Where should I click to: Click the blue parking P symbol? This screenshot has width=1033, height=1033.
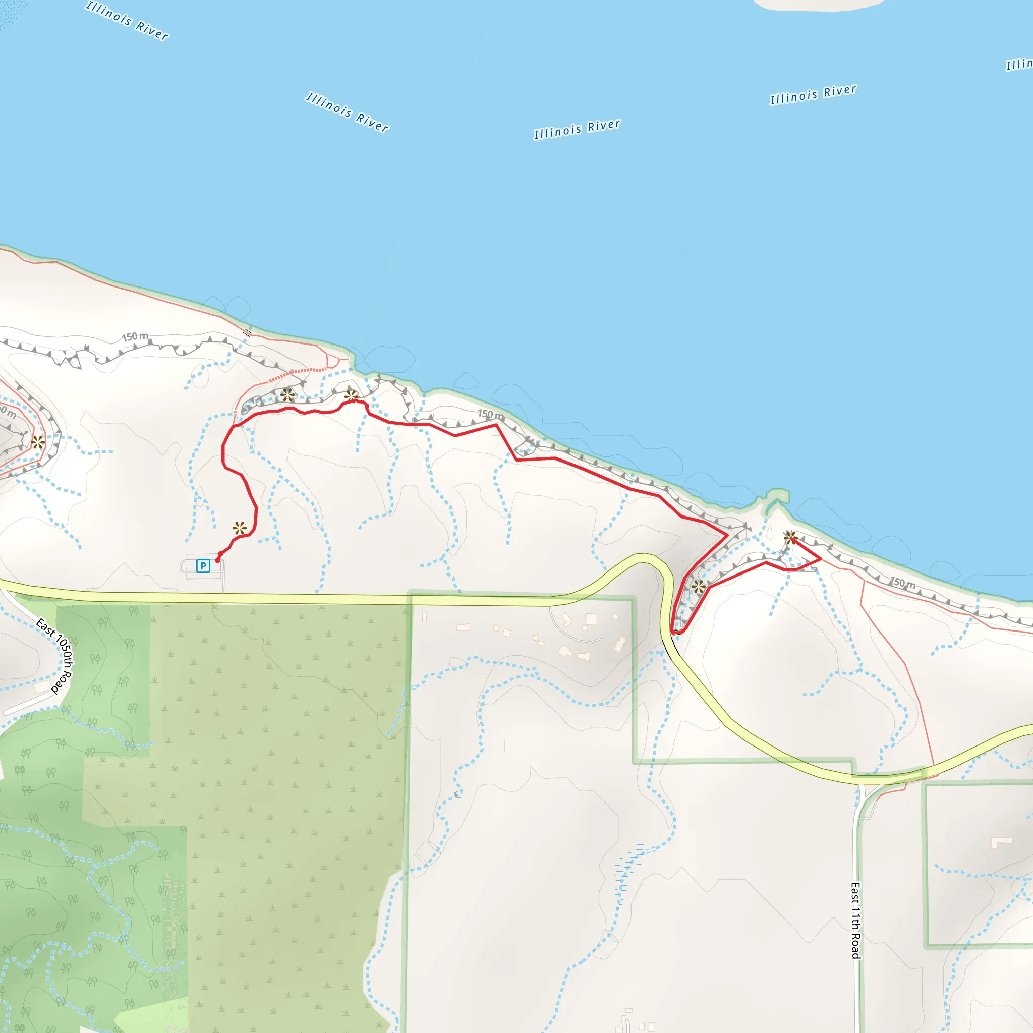(x=203, y=566)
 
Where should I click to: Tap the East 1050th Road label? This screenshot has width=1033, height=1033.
(x=54, y=656)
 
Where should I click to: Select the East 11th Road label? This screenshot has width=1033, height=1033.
(x=855, y=920)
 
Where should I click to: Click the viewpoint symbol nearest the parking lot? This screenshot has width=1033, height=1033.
(x=240, y=529)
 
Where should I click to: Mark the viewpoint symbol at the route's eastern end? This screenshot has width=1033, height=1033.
(x=790, y=537)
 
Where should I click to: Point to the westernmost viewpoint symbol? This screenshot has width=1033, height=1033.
(x=37, y=442)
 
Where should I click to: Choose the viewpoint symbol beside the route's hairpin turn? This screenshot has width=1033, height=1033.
(x=698, y=587)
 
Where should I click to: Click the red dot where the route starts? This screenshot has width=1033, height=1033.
(x=217, y=560)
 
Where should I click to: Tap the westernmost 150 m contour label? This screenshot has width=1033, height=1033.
(x=135, y=336)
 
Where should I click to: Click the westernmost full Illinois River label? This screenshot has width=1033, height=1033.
(x=127, y=20)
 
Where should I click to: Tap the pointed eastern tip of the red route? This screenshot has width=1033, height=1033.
(x=821, y=558)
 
